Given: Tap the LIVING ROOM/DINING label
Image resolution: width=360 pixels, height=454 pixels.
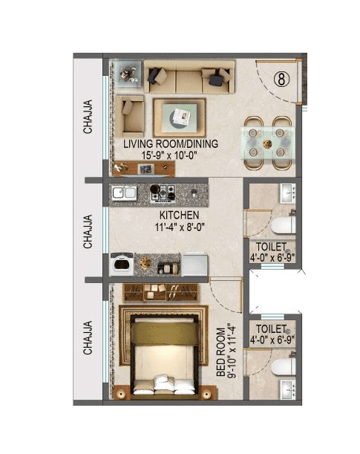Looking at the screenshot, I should tap(171, 144).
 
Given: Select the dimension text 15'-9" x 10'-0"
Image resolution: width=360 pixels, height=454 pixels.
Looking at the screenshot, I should tap(171, 155).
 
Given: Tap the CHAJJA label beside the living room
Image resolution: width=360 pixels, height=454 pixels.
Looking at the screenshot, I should tap(88, 117).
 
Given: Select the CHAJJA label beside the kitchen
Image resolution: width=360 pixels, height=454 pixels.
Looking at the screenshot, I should tap(88, 231).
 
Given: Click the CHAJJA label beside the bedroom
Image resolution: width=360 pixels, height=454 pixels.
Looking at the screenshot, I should tap(88, 338).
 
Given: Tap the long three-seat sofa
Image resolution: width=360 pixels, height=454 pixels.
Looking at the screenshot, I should tap(189, 77).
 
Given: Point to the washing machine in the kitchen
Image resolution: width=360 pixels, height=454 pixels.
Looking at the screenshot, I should tap(121, 264).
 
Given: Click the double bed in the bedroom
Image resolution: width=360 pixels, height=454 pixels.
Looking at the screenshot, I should tap(164, 354).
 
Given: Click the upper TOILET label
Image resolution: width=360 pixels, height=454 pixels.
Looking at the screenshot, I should tap(271, 247).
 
